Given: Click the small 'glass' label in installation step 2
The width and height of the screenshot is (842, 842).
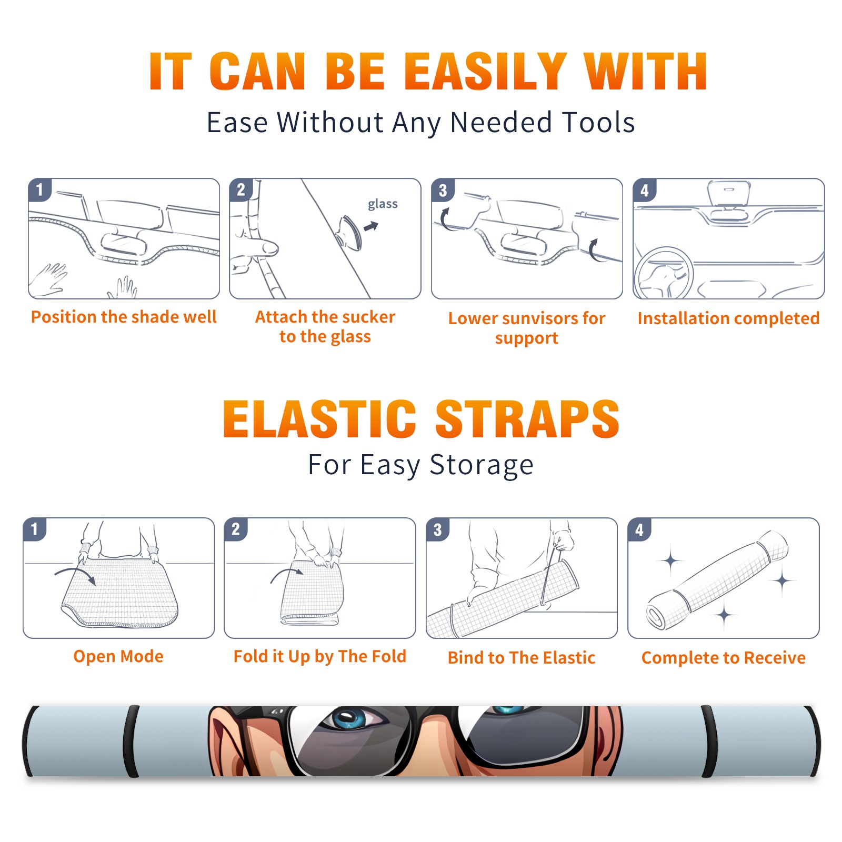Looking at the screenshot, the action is pos(383,204).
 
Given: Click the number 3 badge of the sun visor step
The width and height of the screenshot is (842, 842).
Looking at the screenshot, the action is pos(443,190).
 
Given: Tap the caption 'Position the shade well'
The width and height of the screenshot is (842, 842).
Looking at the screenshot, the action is pos(124,317).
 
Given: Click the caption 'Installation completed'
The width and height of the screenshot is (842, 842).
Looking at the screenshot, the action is pos(728,318).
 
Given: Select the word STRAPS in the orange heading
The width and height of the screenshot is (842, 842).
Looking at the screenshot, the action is pos(527,419).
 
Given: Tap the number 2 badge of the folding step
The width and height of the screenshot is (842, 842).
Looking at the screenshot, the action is pos(235,529).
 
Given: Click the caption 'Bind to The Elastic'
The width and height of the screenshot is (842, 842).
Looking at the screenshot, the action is pos(522,658).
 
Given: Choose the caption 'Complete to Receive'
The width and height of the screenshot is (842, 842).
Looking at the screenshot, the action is pos(724,658).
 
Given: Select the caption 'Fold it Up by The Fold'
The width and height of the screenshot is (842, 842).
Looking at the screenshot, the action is pos(320,657).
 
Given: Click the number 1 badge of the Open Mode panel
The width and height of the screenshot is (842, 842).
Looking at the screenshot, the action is pos(34,529).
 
